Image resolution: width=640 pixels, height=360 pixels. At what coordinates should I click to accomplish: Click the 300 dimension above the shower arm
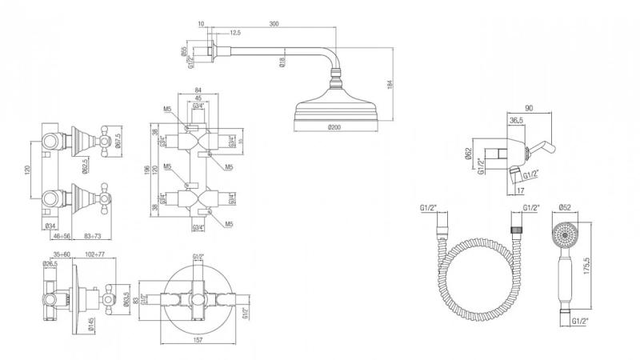pyautogui.click(x=274, y=26)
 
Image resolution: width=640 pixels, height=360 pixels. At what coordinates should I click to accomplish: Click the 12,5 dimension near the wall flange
pyautogui.click(x=234, y=34)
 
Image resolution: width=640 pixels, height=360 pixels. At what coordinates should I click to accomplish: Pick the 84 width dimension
pyautogui.click(x=197, y=90)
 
